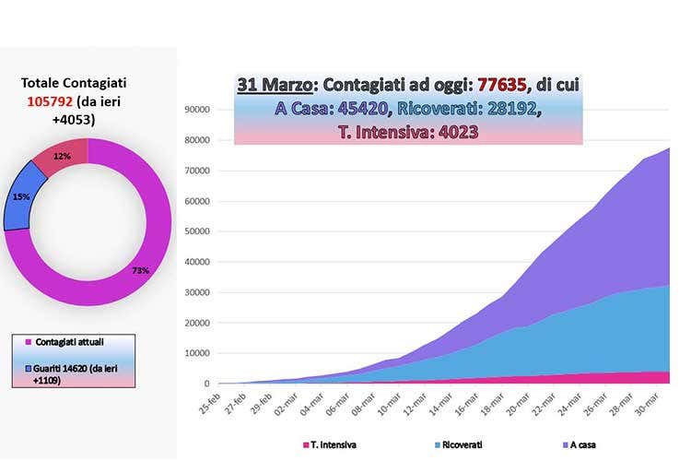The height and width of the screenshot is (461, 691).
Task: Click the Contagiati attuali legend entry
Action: [73, 342]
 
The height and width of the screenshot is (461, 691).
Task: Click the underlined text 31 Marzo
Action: [273, 84]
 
